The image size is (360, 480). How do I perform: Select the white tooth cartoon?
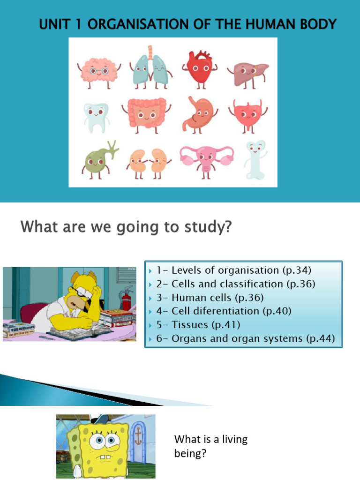pyautogui.click(x=96, y=116)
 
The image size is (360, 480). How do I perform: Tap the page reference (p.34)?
pyautogui.click(x=297, y=270)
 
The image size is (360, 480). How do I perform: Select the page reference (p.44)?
pyautogui.click(x=321, y=339)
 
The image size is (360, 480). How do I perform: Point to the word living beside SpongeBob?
pyautogui.click(x=230, y=440)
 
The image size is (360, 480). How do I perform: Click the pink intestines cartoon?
pyautogui.click(x=146, y=112)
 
